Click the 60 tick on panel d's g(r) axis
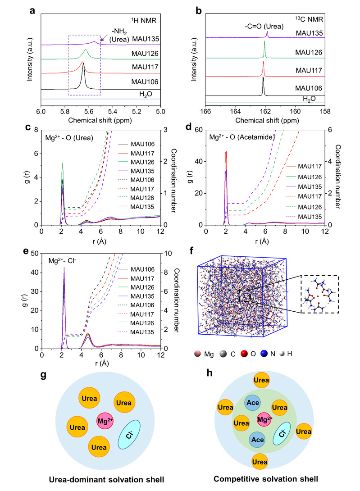[x=199, y=130]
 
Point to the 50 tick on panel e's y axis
[x=35, y=254]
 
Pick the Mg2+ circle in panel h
[x=263, y=420]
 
